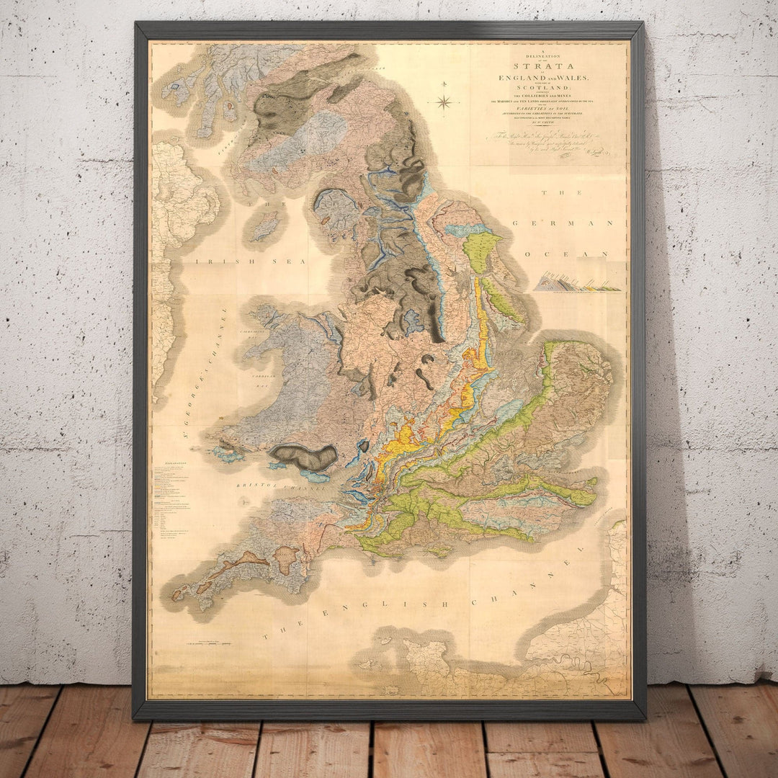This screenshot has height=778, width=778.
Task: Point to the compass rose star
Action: click(x=444, y=102)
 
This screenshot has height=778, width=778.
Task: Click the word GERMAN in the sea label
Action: click(x=560, y=223)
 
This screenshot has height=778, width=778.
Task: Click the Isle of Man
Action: click(x=265, y=225)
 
